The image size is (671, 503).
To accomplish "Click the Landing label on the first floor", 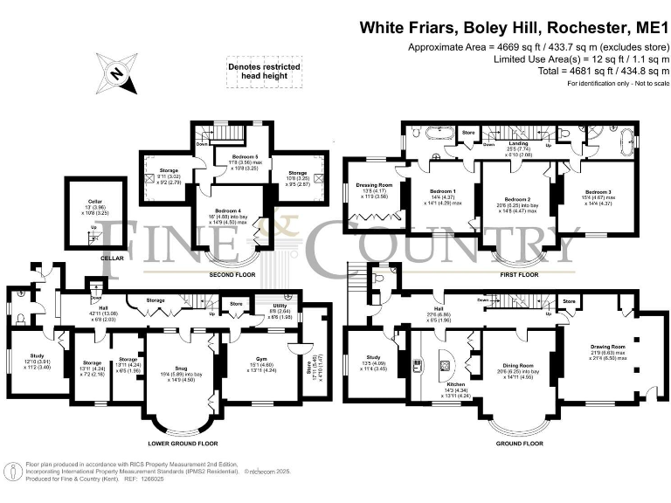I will pyautogui.click(x=518, y=143).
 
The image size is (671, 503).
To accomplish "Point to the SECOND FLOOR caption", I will pyautogui.click(x=232, y=273).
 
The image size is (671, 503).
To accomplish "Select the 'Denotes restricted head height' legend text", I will pyautogui.click(x=264, y=72).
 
